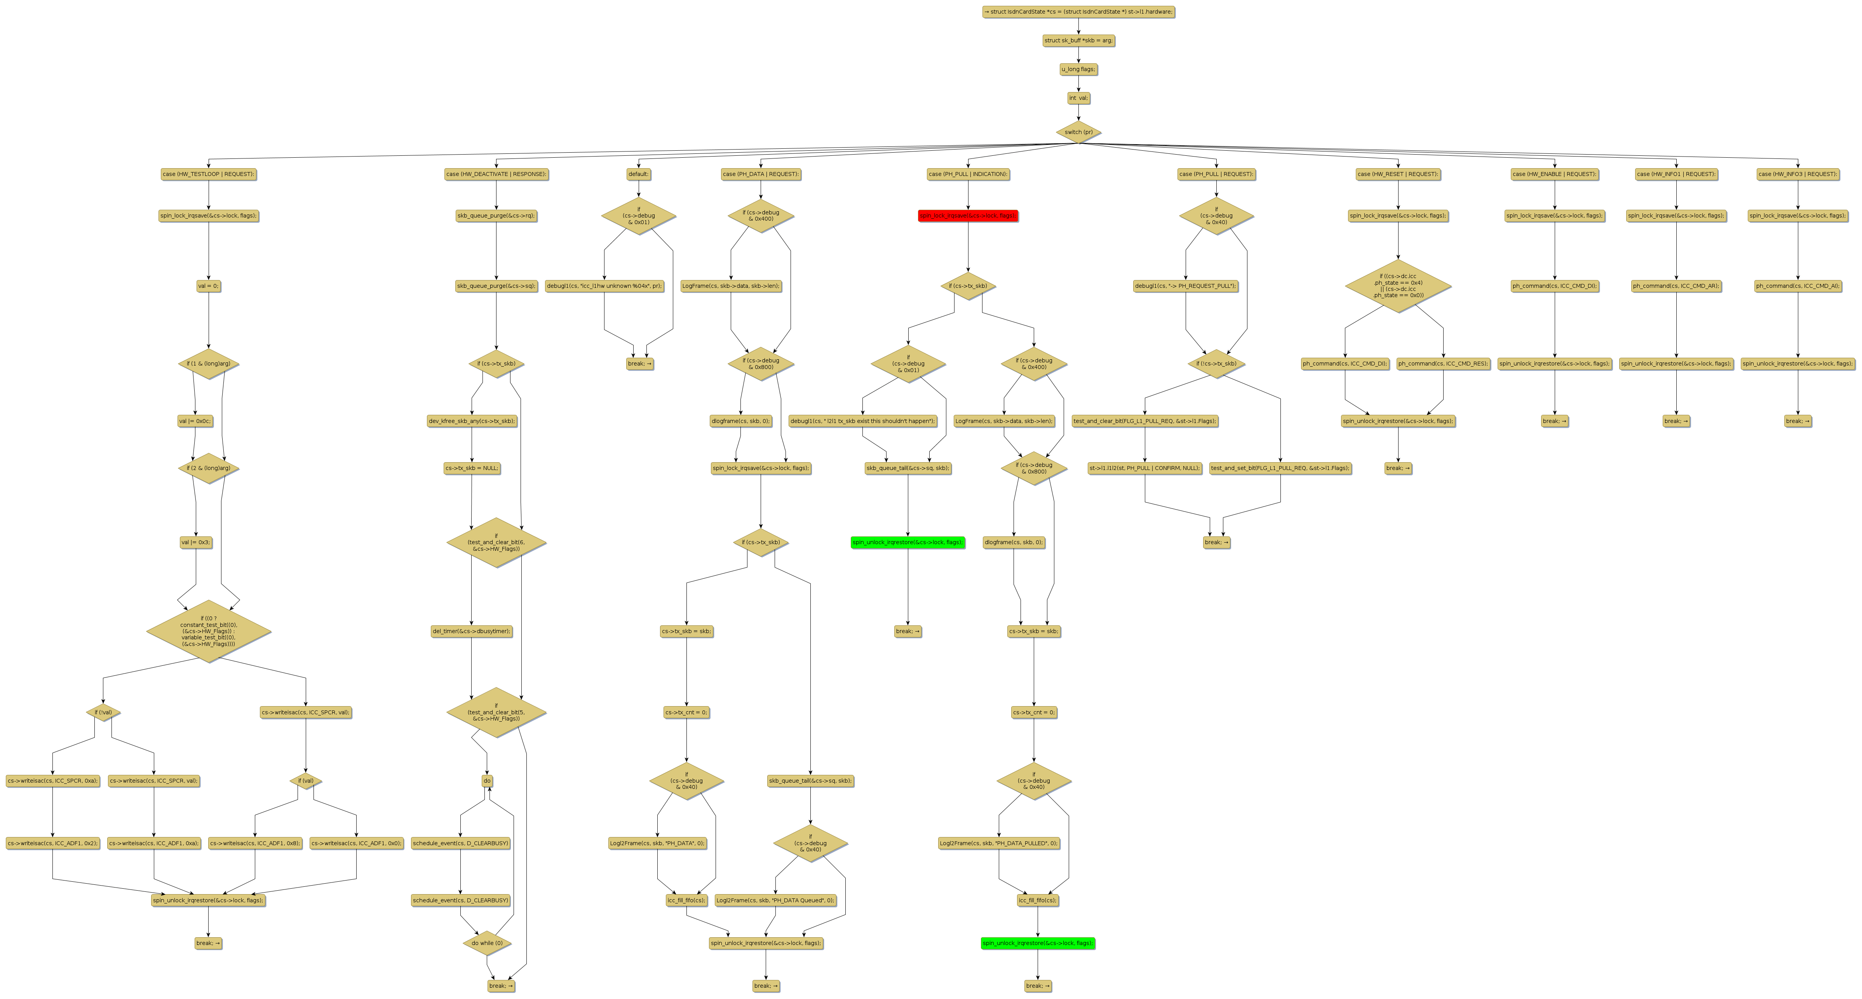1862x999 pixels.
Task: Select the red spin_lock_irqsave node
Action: [968, 216]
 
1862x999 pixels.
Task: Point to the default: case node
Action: [638, 174]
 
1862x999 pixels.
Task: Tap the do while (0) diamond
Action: [487, 943]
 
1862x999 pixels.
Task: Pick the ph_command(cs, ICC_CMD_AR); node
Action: [1676, 286]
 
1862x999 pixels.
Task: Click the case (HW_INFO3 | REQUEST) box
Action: [1798, 174]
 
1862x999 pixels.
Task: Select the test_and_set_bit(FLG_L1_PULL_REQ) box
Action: [1280, 468]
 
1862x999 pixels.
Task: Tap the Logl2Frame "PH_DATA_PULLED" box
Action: [999, 844]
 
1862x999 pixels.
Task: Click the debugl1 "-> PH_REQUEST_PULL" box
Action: [1185, 286]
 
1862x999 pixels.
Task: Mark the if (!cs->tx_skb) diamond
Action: [1216, 364]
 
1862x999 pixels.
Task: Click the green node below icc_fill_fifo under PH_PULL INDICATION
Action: [1038, 943]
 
